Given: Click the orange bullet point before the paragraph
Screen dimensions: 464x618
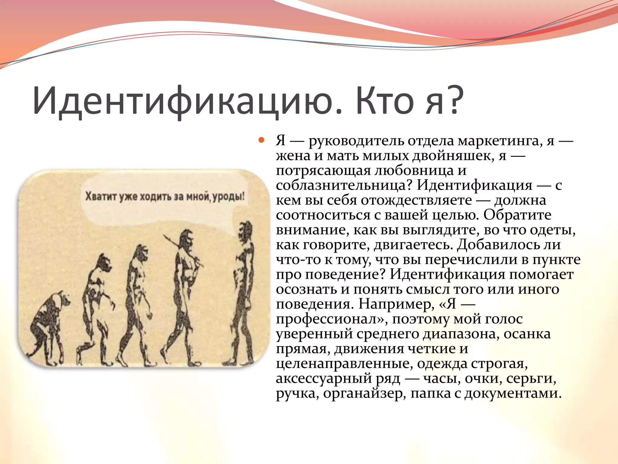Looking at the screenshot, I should [261, 140].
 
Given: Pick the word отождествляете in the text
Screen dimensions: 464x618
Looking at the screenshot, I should [416, 200].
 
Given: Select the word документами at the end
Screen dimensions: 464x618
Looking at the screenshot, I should [513, 393].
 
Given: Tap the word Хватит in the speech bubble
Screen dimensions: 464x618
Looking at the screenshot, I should [101, 197].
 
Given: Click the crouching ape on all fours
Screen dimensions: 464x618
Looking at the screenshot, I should [48, 326].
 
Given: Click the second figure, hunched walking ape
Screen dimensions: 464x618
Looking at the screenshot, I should [97, 305].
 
